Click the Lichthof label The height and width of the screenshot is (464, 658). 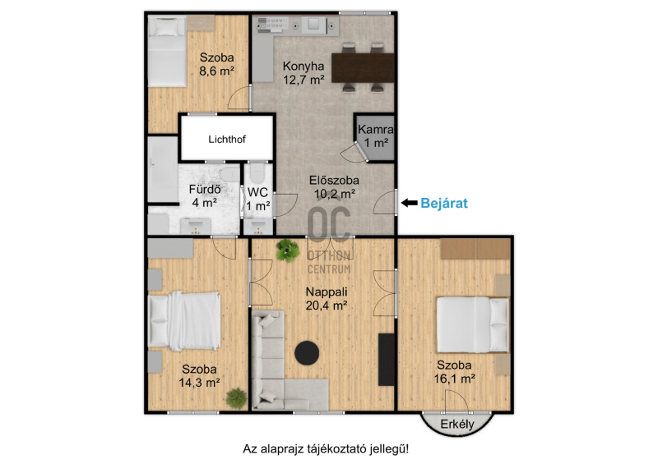point(227,139)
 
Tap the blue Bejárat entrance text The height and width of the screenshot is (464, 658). point(444,203)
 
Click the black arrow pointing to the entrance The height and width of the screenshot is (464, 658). point(409,203)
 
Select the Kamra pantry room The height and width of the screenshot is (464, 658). point(375,136)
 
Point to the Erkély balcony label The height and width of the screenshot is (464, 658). point(457,425)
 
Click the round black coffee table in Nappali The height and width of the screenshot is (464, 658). point(307,353)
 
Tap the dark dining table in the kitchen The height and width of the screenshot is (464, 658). point(363,67)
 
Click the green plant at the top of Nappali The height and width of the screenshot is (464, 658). point(288,250)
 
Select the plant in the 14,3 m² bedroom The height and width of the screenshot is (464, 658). point(236,398)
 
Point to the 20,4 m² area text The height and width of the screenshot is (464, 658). point(326,306)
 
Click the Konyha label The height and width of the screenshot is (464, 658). point(304,67)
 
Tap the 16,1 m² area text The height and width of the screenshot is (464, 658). point(455,379)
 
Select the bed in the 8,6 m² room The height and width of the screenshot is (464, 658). point(167,51)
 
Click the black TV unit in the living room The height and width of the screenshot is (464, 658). point(387,359)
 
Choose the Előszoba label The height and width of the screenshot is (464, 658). point(334,180)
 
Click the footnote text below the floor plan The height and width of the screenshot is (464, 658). point(326,449)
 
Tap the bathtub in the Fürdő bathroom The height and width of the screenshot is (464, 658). point(163,170)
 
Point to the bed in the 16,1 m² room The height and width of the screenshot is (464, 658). point(473,325)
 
